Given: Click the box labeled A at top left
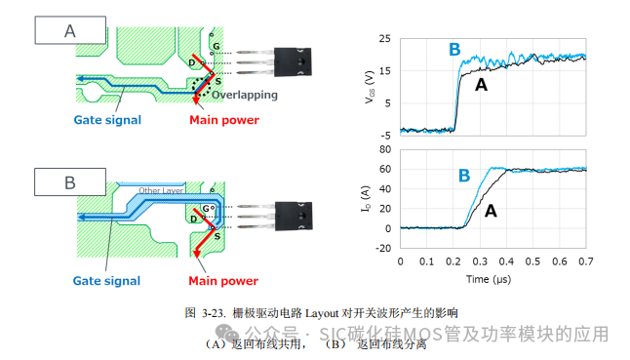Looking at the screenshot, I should click(x=70, y=30).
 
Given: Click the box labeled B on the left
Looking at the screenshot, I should click(x=70, y=182).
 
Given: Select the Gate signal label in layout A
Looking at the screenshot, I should click(x=107, y=120).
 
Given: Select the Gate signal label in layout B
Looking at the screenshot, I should click(x=107, y=281).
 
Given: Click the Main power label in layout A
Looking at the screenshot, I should click(x=223, y=120).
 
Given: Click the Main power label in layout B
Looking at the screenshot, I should click(x=223, y=281).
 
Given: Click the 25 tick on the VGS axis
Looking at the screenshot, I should click(x=385, y=38).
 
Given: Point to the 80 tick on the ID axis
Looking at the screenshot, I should click(x=385, y=149).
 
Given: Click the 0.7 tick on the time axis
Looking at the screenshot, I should click(x=585, y=262).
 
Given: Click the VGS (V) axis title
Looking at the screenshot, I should click(x=368, y=85).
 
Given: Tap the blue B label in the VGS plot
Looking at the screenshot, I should click(x=453, y=50).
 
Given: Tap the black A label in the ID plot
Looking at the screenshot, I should click(x=491, y=209).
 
